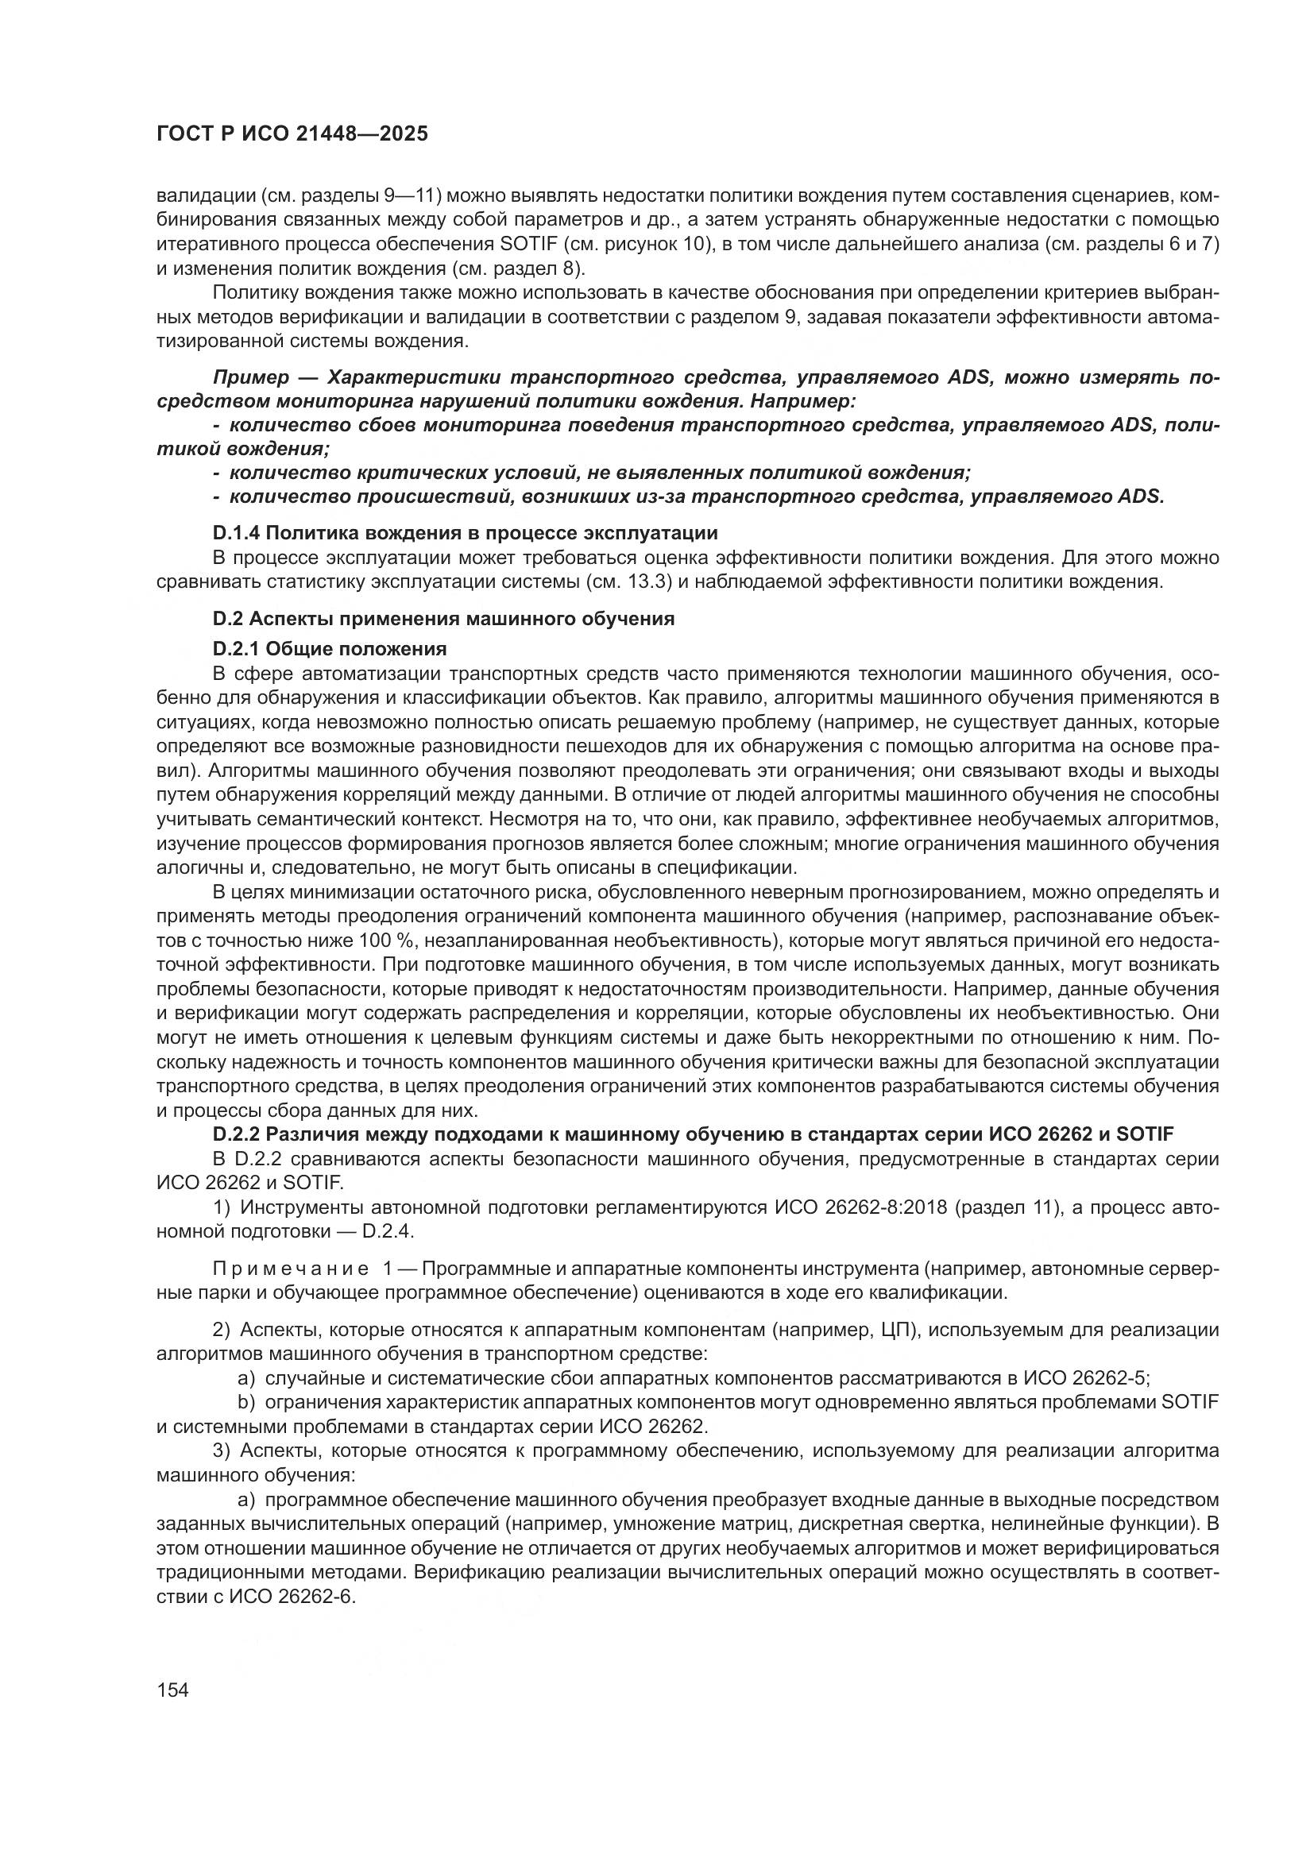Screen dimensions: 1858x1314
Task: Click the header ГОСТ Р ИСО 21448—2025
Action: [292, 134]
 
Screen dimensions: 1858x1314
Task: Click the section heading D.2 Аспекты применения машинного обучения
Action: [443, 619]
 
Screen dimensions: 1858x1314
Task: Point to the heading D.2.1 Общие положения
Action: [330, 649]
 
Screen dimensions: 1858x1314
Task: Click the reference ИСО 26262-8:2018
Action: [863, 1208]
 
